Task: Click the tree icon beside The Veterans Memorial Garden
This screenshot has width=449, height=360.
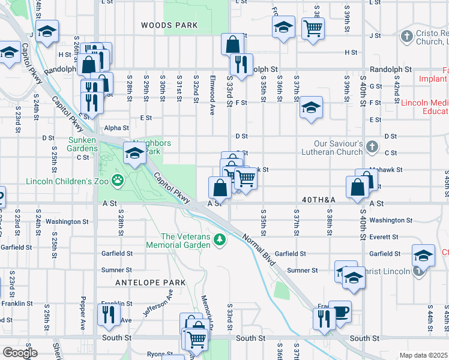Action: tap(220, 240)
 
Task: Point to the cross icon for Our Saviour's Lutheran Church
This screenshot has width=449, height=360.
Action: tap(372, 146)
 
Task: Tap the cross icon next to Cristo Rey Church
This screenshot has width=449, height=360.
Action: tap(406, 36)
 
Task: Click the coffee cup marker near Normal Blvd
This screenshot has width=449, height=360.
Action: tap(340, 312)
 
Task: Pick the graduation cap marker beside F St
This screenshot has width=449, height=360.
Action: tap(311, 108)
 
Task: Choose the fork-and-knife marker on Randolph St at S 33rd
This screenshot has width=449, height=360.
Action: tap(241, 65)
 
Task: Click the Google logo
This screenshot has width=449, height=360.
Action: tap(20, 353)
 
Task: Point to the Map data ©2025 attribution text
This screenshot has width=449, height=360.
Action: tap(423, 355)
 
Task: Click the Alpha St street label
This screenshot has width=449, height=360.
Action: tap(116, 128)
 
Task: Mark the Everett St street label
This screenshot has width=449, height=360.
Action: tap(385, 237)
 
